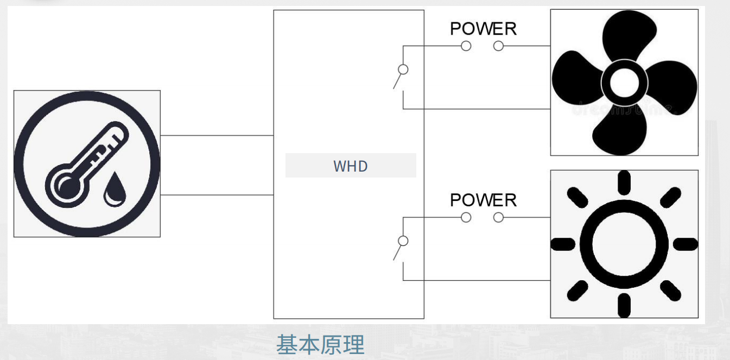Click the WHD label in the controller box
click(x=351, y=166)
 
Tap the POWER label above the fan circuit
click(x=483, y=29)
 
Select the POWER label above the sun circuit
click(x=483, y=200)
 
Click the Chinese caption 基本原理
click(x=320, y=345)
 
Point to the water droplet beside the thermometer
click(x=115, y=190)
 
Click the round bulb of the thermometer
click(x=68, y=186)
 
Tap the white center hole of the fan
click(x=624, y=83)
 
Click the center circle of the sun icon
click(x=624, y=244)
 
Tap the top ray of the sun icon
click(x=624, y=182)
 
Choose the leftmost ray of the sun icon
click(x=563, y=244)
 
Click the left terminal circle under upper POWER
click(x=466, y=46)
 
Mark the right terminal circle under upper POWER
click(x=498, y=46)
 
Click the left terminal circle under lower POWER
click(x=466, y=218)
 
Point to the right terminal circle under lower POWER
click(x=498, y=218)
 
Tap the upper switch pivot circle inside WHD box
click(x=403, y=70)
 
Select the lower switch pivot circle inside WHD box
click(x=403, y=241)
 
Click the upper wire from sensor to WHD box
click(x=217, y=135)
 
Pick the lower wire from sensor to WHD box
click(x=217, y=195)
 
